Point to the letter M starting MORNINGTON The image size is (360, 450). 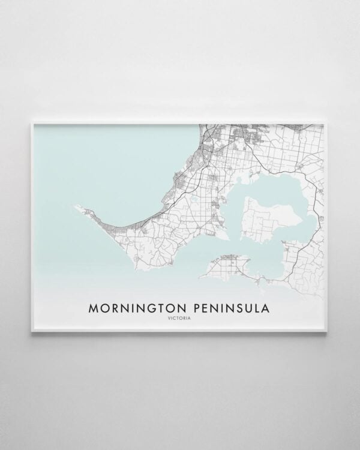tap(93, 308)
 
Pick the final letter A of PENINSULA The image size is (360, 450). tap(266, 308)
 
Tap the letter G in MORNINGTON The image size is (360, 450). tap(149, 308)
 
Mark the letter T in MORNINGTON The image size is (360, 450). tap(158, 308)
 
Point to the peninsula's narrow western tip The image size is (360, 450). tap(75, 207)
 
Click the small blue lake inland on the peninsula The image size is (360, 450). tap(196, 201)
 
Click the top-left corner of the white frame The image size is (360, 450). tap(31, 122)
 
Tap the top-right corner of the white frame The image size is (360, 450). tap(329, 122)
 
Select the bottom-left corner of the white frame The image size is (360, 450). tap(31, 332)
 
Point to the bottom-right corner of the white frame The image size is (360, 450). tap(329, 332)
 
